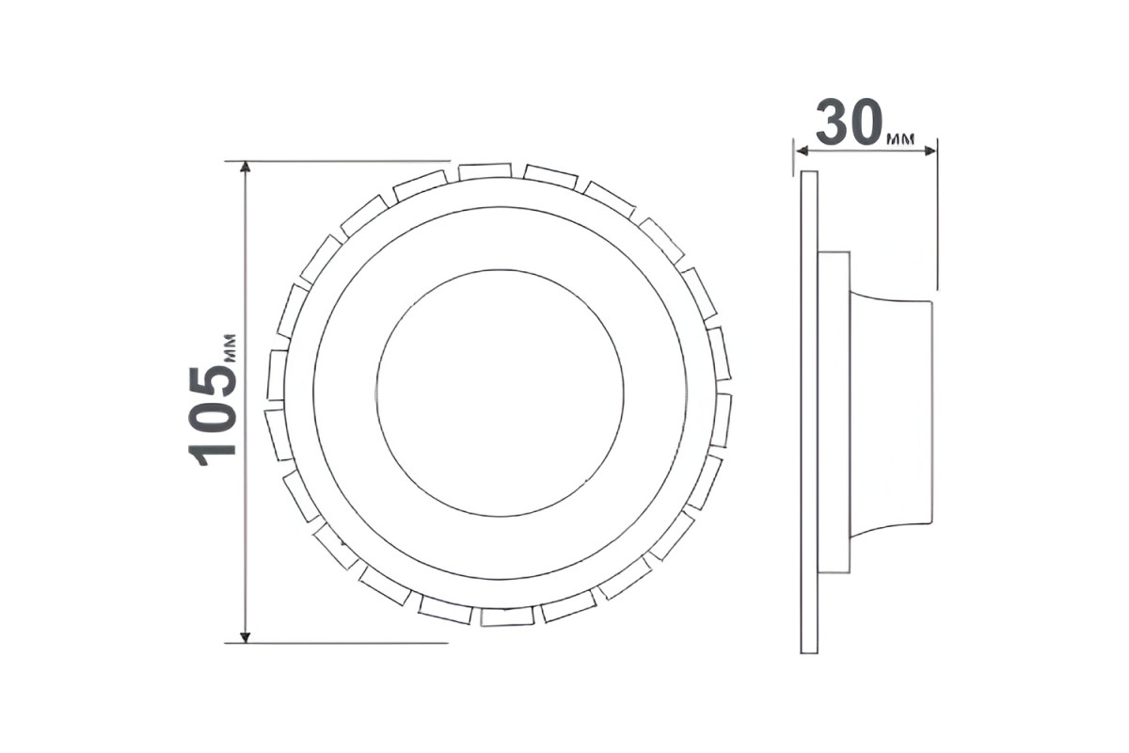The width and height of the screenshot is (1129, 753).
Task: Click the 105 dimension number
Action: [212, 416]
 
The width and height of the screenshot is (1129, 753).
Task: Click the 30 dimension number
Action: [850, 122]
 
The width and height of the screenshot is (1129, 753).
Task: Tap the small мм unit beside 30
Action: [900, 139]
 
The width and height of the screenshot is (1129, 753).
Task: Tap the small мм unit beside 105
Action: [230, 347]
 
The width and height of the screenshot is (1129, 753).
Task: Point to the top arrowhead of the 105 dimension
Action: [245, 168]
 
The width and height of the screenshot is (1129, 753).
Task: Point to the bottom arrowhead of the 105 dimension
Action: [245, 637]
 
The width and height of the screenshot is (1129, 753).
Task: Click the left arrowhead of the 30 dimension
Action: [803, 151]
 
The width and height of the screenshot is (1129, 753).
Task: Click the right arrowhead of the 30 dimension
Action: [930, 151]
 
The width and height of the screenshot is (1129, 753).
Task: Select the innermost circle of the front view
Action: [500, 269]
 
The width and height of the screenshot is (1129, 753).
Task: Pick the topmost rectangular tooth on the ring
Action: [485, 171]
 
